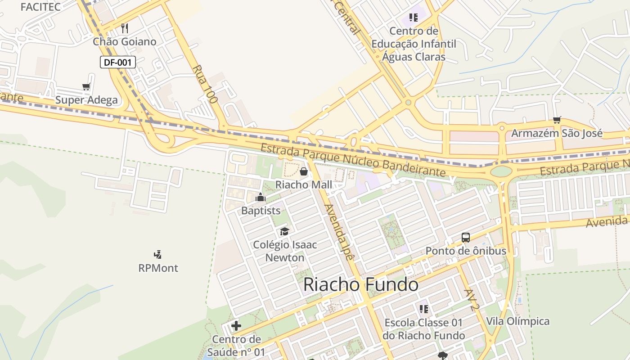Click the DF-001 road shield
[117, 62]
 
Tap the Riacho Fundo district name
[360, 285]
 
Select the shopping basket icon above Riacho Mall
[304, 171]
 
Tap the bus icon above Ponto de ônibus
[466, 237]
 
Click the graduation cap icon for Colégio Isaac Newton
[284, 231]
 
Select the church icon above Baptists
[261, 197]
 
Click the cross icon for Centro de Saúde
[236, 326]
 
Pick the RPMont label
[158, 268]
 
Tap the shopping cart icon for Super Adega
[86, 86]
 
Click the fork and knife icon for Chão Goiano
[125, 28]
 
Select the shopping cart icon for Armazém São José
[557, 120]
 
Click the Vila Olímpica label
[517, 321]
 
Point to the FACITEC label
[40, 7]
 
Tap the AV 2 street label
[472, 300]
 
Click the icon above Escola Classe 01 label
[423, 309]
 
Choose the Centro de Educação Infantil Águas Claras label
[414, 44]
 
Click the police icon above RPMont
[157, 255]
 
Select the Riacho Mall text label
[304, 184]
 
